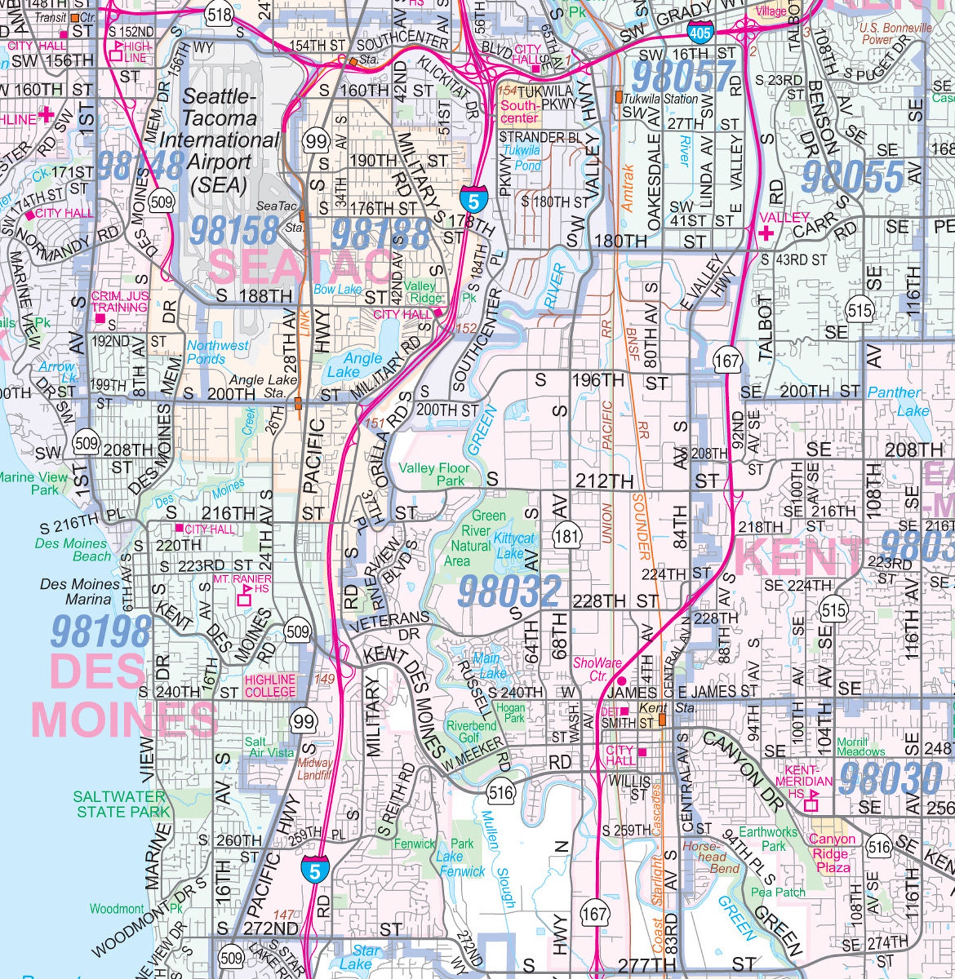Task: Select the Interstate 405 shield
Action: coord(700,32)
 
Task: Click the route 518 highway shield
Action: coord(218,14)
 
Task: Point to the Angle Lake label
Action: coord(354,365)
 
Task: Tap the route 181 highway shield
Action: coord(566,535)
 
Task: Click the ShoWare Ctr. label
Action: coord(597,669)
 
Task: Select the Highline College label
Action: coord(270,685)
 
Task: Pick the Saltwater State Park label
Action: coord(120,804)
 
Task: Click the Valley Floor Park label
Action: coord(434,474)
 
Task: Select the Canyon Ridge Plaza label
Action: coord(832,853)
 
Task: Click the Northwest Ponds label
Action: coord(216,352)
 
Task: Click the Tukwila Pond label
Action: coord(522,157)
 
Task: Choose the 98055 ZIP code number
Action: coord(852,177)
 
